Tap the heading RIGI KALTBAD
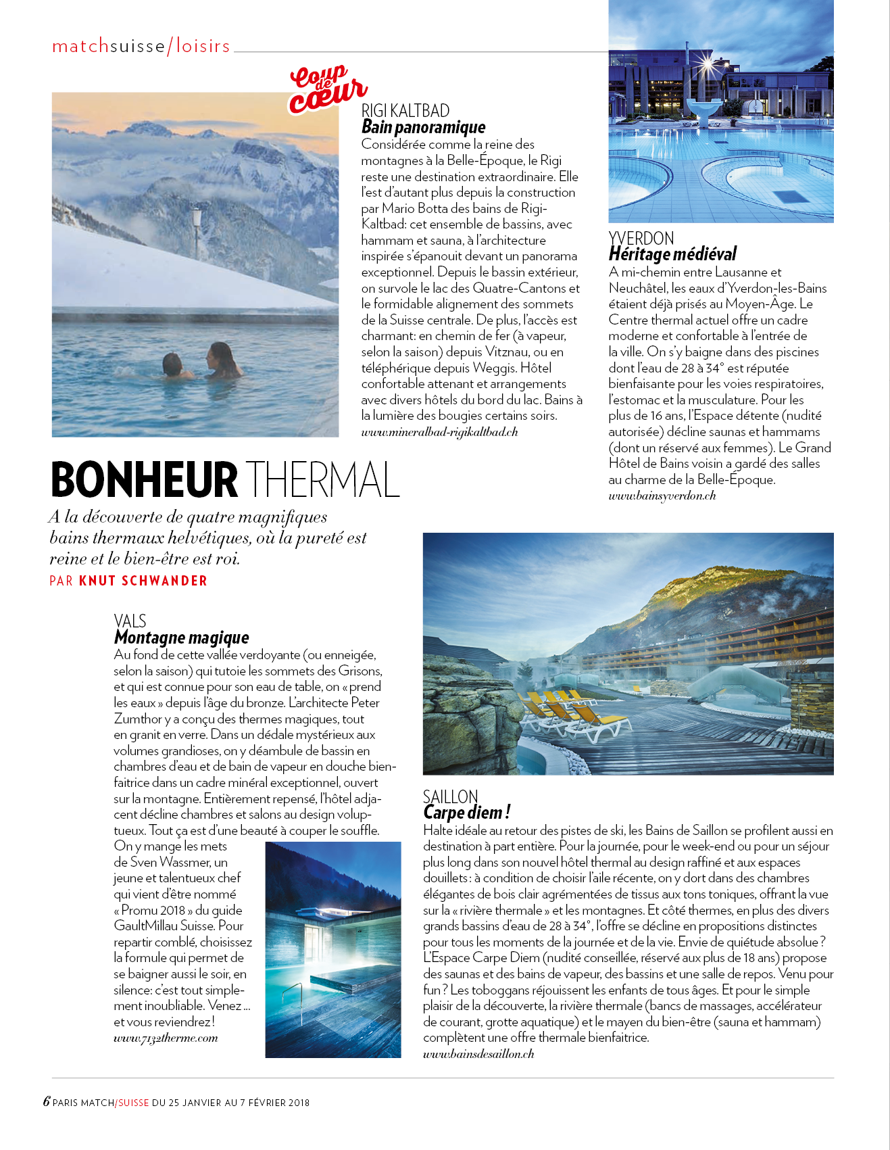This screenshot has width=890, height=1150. (405, 111)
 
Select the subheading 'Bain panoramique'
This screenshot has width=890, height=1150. (423, 127)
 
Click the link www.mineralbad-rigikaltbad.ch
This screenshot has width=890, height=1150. (439, 432)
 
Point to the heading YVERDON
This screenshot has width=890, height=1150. (641, 239)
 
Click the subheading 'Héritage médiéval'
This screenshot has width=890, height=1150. (672, 254)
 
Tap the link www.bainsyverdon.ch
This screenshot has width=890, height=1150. (662, 496)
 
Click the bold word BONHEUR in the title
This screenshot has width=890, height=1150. (144, 480)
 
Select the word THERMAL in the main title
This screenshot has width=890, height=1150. (322, 480)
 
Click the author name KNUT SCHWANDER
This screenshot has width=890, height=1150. (143, 581)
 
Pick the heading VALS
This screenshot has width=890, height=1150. (130, 621)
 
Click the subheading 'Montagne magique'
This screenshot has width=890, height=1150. (181, 638)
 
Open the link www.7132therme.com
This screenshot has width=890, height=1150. (166, 1038)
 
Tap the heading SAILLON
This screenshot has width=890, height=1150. (450, 796)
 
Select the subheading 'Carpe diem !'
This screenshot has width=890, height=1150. (466, 812)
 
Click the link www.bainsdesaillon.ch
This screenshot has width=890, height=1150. (478, 1053)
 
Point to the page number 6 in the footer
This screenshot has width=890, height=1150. (47, 1101)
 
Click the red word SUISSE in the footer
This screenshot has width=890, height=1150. (133, 1103)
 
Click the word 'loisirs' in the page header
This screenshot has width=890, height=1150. (203, 46)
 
